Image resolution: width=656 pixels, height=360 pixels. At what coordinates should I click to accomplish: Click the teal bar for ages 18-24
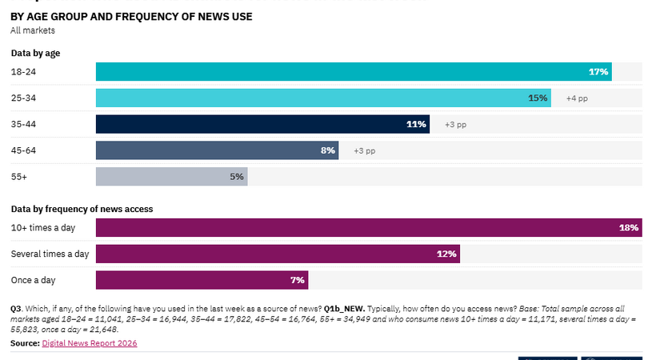point(354,71)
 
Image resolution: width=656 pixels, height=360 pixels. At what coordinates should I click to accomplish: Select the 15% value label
point(538,98)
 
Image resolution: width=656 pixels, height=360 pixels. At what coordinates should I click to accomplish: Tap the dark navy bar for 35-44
point(262,124)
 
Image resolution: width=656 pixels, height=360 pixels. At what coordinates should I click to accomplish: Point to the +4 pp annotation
point(577,98)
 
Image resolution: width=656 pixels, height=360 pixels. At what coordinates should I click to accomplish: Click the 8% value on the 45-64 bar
point(327,150)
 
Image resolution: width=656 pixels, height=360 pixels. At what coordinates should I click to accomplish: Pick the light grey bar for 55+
point(171,177)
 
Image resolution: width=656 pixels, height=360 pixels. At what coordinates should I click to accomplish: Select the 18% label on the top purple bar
point(629,228)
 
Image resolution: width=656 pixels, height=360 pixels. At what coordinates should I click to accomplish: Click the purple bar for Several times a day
point(278,254)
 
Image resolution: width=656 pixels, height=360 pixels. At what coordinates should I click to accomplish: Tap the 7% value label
point(298,280)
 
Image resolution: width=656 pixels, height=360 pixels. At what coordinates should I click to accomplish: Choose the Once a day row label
point(33,281)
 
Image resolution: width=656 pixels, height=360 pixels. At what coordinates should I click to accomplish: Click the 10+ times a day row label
point(43,228)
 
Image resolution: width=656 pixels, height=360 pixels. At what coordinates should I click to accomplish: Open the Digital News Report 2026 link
point(90,343)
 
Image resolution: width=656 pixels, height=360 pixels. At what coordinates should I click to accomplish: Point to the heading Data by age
point(35,53)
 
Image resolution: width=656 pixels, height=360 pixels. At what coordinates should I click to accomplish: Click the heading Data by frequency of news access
point(82,209)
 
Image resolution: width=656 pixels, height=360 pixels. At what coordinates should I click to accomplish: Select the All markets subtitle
point(33,30)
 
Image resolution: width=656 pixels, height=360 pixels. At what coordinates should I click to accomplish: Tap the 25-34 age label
point(23,98)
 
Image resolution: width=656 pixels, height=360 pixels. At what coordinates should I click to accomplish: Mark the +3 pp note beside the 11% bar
point(456,125)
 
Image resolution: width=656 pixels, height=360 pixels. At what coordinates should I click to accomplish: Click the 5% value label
point(237,177)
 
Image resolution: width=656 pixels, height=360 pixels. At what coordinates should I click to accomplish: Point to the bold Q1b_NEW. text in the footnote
point(344,309)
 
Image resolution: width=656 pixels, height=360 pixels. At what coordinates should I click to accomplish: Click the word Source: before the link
point(25,343)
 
